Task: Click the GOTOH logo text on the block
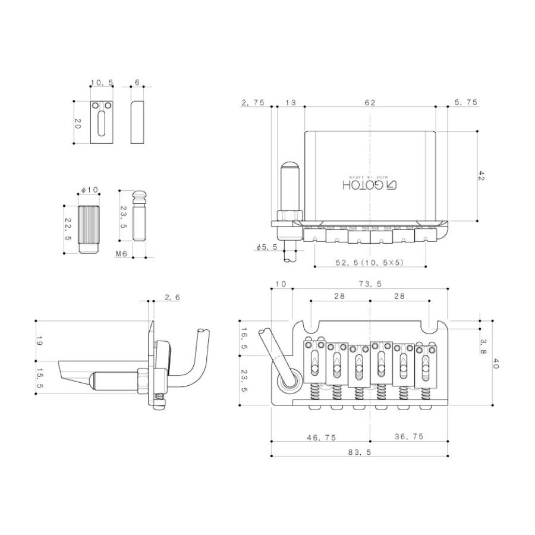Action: pos(370,185)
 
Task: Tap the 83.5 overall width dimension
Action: pos(360,452)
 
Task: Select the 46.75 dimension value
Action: pos(322,438)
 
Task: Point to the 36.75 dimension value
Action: pos(409,436)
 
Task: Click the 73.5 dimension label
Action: pos(370,284)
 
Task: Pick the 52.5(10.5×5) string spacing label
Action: pos(370,262)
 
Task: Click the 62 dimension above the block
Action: pos(370,102)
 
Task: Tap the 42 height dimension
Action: pos(481,176)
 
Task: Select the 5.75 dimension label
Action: pos(466,102)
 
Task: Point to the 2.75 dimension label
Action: pos(253,102)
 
